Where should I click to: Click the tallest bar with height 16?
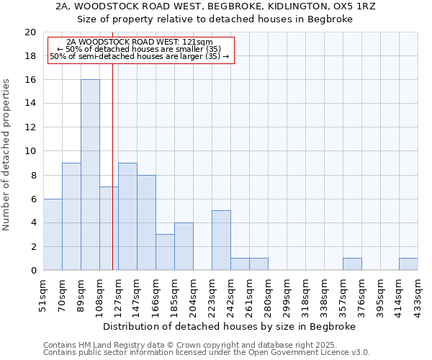click(90, 175)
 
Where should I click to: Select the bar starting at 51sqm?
click(53, 235)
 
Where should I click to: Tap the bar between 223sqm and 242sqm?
click(221, 240)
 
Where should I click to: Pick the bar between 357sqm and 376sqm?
click(352, 264)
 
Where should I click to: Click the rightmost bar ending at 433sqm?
click(408, 264)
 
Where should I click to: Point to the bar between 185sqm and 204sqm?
click(184, 246)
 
